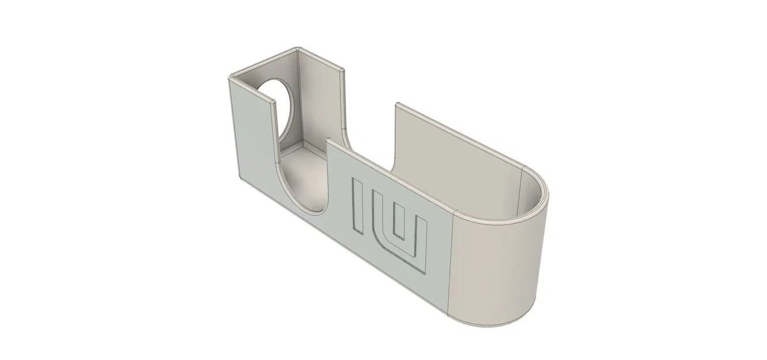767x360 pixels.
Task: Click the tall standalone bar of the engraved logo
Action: point(358,206)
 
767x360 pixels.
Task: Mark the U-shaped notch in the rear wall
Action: point(369,135)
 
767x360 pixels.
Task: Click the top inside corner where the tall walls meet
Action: point(297,51)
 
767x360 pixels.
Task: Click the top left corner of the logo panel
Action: point(328,139)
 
